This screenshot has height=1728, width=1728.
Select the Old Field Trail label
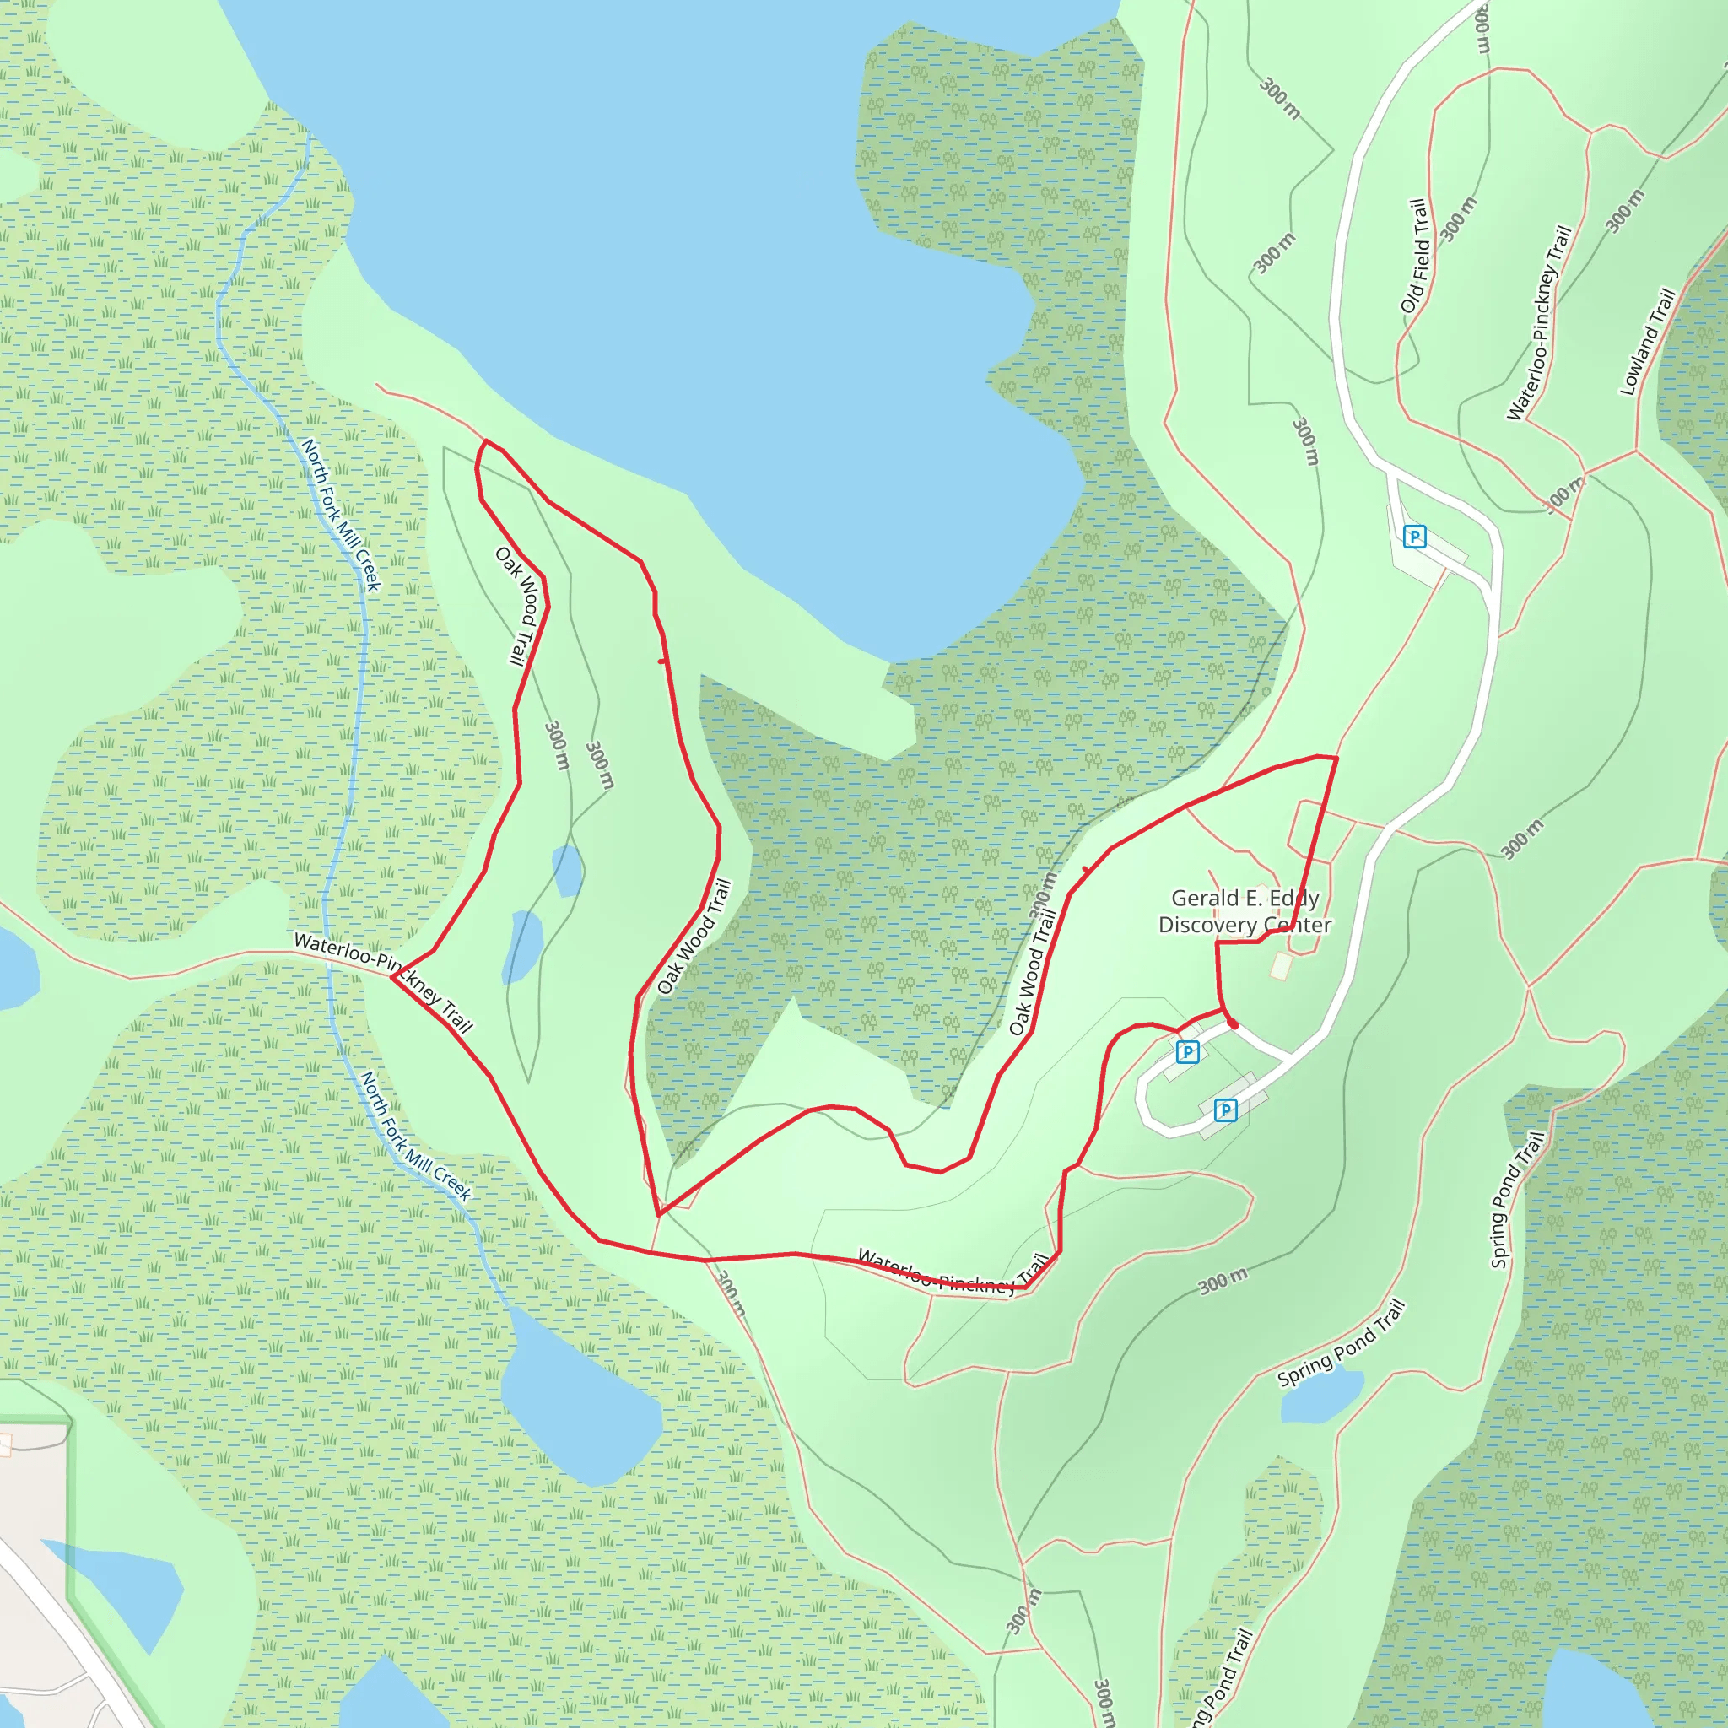pos(1415,256)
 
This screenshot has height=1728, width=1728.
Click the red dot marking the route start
pos(1233,1023)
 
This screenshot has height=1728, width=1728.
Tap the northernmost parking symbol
pos(1414,537)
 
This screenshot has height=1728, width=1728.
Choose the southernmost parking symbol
pos(1225,1111)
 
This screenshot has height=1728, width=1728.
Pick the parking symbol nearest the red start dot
pos(1187,1052)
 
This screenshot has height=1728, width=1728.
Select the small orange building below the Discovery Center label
pos(1281,966)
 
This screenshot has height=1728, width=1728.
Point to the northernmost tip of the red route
pos(486,441)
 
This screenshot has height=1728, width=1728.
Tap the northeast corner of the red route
pos(1336,759)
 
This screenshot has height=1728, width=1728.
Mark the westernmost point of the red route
pos(392,977)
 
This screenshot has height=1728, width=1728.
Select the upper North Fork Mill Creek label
pos(341,515)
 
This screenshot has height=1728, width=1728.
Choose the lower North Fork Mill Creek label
pos(415,1136)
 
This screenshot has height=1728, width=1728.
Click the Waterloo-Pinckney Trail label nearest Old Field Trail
pos(1538,323)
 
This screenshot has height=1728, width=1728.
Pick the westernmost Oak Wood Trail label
pos(521,607)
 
